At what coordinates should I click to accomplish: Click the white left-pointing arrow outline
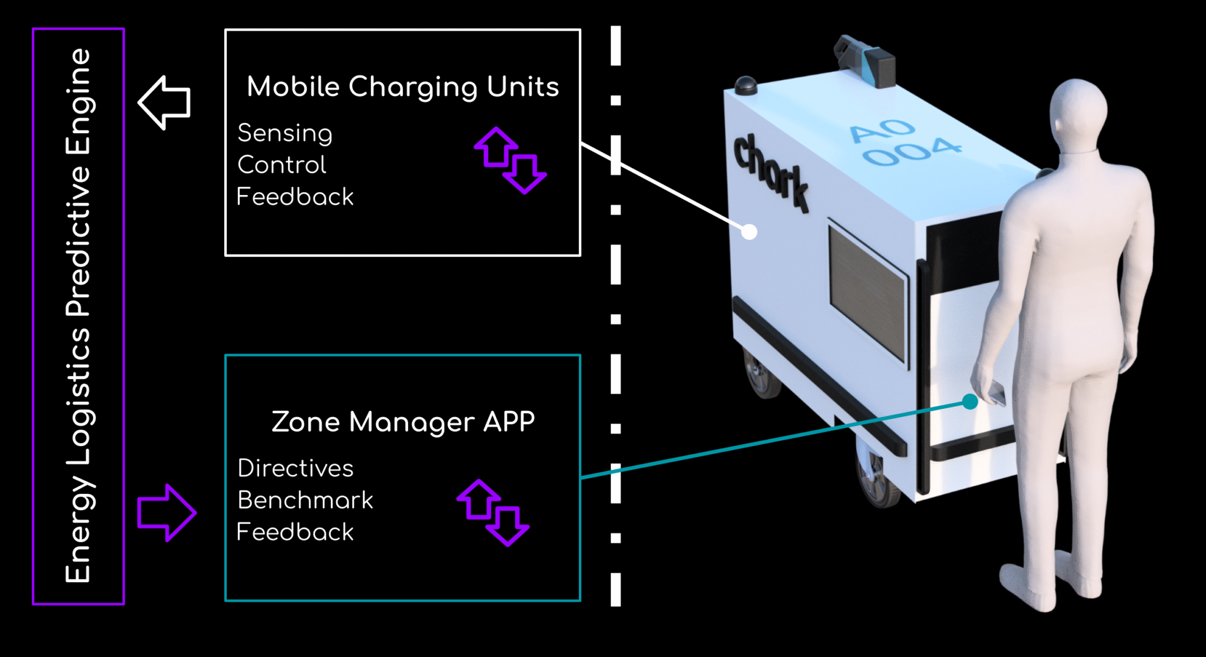pos(164,103)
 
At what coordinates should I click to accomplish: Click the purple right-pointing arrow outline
pos(167,513)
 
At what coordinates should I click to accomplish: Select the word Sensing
pos(285,134)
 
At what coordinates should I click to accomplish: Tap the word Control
pos(281,165)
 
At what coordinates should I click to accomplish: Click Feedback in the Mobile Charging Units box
pos(295,197)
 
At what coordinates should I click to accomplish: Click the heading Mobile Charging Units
pos(403,87)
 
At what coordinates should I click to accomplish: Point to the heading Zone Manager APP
pos(403,422)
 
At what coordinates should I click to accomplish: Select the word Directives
pos(296,468)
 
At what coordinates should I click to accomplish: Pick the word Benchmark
pos(305,500)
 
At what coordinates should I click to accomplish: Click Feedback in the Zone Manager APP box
pos(295,532)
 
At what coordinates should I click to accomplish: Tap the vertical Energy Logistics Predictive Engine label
pos(78,316)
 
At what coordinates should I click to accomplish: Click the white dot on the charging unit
pos(749,232)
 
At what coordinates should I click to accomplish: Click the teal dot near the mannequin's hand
pos(970,402)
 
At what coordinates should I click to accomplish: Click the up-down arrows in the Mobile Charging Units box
pos(511,160)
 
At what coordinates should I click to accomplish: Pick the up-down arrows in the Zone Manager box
pos(493,513)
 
